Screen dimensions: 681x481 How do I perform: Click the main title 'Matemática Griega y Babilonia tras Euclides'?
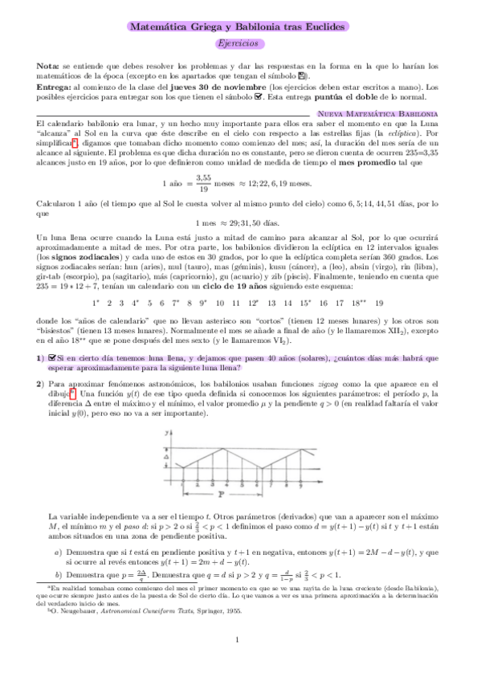point(240,27)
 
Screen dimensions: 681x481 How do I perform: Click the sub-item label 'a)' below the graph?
point(57,552)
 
